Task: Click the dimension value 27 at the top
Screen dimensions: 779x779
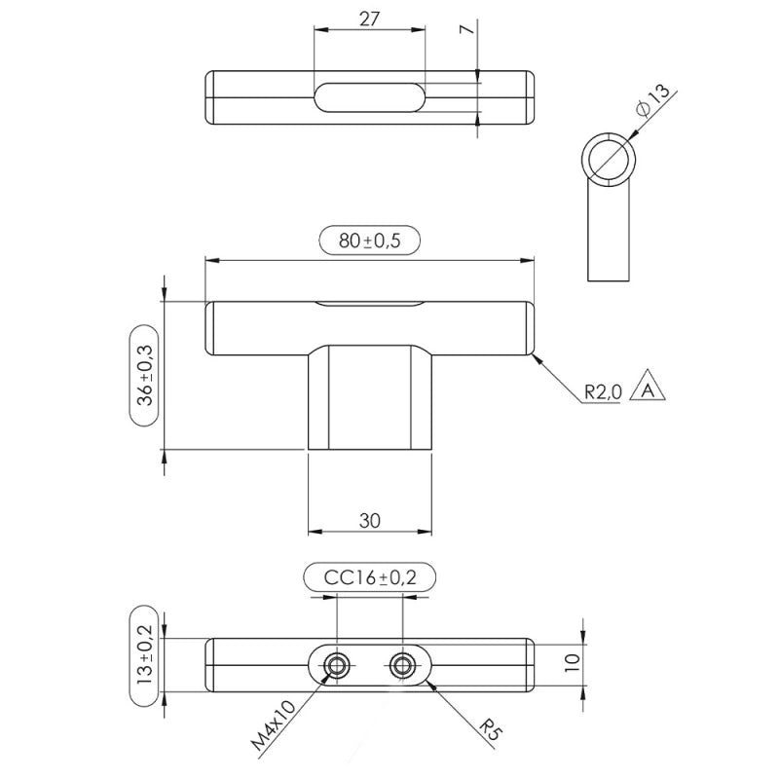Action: click(369, 19)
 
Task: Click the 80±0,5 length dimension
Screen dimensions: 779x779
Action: click(369, 240)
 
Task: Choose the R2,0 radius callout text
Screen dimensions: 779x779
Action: click(602, 392)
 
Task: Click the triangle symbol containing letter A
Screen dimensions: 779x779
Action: click(645, 389)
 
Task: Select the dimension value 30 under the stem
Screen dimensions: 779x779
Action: click(369, 520)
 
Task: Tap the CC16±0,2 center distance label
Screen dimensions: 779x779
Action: click(369, 577)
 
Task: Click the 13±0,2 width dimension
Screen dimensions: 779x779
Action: click(145, 657)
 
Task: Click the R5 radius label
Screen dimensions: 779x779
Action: click(494, 728)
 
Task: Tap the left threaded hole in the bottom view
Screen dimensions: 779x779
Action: click(337, 665)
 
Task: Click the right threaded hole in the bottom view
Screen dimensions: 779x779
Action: click(401, 665)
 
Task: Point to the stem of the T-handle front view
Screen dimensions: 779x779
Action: click(369, 399)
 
